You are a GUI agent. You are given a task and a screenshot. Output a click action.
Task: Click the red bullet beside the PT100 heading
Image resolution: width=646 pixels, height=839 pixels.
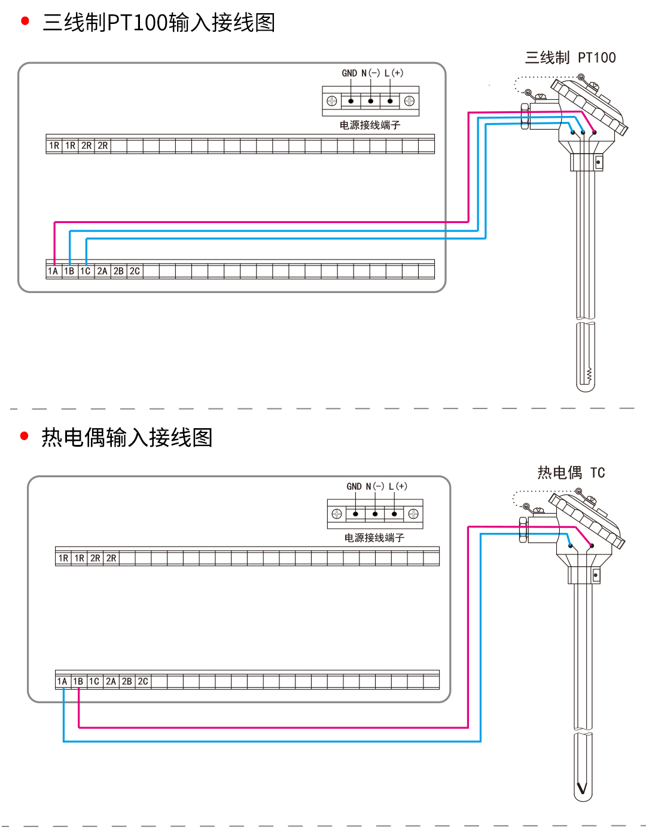[x=25, y=22]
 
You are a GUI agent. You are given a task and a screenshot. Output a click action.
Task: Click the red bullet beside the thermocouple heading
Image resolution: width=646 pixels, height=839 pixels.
[x=25, y=436]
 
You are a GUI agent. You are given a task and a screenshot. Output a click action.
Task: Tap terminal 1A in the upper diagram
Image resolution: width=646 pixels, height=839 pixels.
[x=53, y=271]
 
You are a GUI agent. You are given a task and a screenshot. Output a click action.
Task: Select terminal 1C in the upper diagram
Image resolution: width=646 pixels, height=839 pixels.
[x=86, y=271]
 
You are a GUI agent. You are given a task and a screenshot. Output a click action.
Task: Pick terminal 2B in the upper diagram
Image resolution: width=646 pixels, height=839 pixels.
[x=118, y=271]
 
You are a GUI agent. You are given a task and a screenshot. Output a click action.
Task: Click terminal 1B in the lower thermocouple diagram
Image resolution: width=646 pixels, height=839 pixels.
[x=78, y=682]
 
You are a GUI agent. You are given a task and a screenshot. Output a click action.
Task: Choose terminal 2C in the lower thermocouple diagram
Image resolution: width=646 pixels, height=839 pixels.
[x=143, y=682]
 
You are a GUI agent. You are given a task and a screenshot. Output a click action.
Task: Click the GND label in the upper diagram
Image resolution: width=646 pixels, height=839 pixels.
[x=349, y=73]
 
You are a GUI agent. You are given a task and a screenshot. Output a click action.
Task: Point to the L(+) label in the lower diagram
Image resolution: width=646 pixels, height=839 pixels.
[x=398, y=486]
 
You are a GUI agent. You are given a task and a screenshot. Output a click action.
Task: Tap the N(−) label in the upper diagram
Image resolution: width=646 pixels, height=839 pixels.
[x=370, y=73]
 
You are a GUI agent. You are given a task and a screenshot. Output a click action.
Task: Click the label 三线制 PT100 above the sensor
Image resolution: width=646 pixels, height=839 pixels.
[x=570, y=58]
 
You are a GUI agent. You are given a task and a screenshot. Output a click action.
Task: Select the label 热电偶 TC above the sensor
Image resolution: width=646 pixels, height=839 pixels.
[x=571, y=473]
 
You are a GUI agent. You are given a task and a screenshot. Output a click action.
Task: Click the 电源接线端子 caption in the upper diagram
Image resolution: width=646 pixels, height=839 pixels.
[x=370, y=125]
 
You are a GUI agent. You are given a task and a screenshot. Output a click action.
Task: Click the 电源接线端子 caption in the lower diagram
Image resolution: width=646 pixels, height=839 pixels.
[x=374, y=538]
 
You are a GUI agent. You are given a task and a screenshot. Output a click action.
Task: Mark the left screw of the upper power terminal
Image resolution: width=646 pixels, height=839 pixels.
[x=332, y=101]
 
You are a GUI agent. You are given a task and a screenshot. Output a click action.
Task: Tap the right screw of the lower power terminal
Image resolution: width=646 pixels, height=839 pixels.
[x=413, y=514]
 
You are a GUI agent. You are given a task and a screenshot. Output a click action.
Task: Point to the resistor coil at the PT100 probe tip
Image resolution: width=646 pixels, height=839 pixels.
[x=589, y=375]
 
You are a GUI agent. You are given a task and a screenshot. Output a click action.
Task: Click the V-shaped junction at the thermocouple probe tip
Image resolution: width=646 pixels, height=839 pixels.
[x=582, y=788]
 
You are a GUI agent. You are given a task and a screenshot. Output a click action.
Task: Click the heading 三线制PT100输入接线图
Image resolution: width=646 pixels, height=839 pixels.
[x=159, y=23]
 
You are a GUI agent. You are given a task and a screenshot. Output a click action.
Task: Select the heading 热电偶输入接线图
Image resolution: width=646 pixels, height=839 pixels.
[x=127, y=437]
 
